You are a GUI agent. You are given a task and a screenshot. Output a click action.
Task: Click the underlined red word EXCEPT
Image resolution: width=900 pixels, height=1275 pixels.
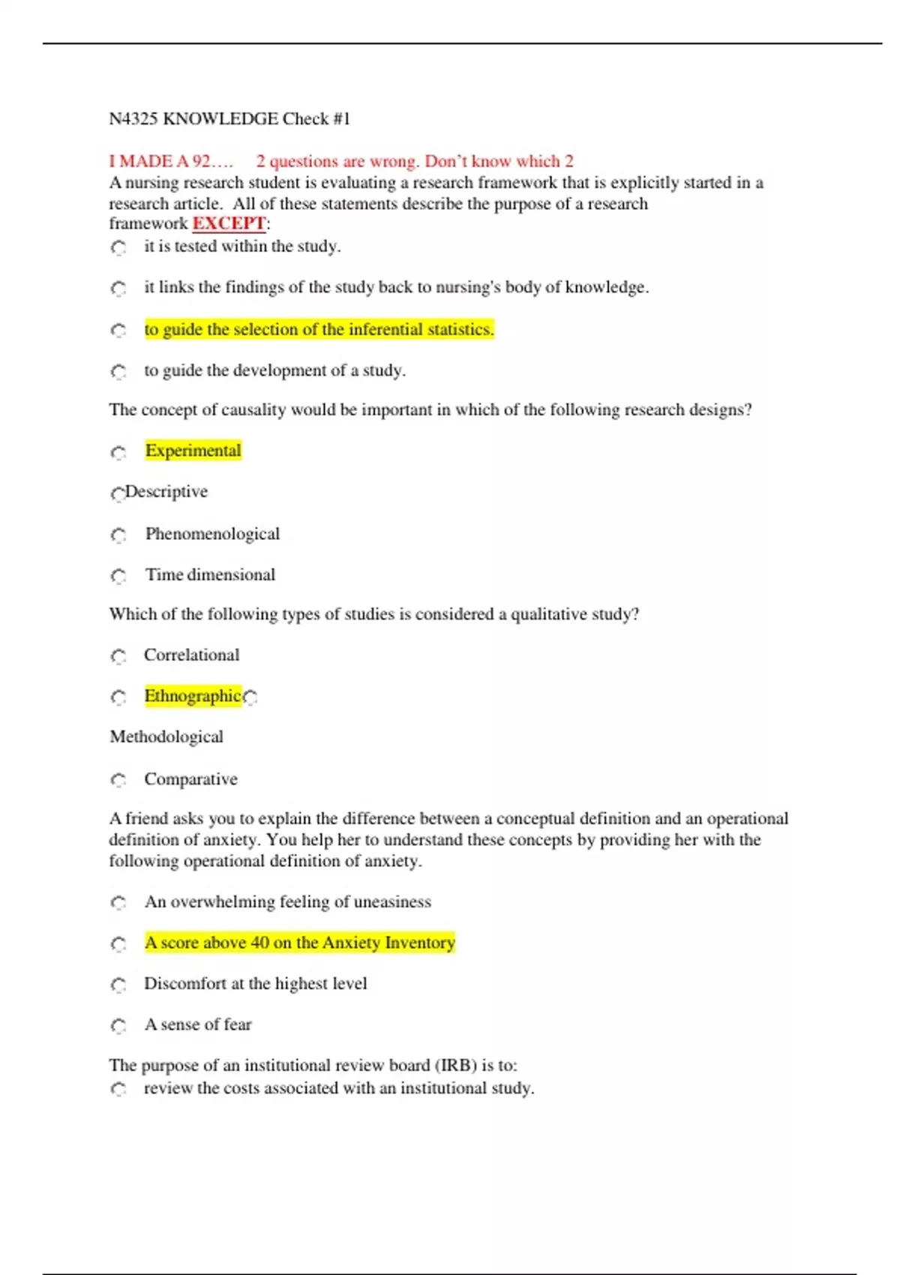229,223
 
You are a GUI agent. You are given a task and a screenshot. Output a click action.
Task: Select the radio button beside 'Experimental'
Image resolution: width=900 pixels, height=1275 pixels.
118,453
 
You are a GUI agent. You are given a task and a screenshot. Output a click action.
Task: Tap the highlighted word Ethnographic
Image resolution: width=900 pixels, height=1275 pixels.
193,696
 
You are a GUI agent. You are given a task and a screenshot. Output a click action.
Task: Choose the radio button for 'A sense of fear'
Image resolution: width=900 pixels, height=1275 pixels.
118,1026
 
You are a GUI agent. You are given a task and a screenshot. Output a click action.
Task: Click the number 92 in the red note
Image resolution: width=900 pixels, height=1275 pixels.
202,161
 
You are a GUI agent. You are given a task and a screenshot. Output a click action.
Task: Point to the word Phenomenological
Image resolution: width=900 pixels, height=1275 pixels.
212,534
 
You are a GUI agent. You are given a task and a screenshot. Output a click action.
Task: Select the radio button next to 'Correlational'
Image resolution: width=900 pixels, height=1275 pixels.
118,657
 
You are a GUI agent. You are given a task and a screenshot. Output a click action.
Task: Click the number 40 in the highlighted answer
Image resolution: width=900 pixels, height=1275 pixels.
259,943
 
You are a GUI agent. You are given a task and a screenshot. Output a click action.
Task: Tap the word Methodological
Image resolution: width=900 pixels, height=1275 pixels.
166,737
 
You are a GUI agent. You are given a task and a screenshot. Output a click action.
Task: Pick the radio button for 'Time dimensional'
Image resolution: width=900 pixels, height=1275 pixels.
118,576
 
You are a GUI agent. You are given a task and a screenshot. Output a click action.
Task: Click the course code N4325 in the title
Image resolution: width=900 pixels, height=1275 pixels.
133,119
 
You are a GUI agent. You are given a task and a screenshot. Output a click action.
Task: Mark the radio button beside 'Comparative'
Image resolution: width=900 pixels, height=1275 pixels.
118,781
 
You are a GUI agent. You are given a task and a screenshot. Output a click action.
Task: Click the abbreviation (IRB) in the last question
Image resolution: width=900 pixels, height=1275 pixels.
454,1066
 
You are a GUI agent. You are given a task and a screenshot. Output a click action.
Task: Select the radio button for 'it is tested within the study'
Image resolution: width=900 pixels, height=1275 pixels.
118,247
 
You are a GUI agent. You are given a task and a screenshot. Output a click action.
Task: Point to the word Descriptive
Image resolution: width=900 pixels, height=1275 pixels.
166,492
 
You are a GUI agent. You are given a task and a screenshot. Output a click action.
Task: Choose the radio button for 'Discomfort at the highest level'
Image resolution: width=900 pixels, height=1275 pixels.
118,985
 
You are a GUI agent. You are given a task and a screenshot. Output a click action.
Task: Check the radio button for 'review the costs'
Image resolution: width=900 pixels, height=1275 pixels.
118,1089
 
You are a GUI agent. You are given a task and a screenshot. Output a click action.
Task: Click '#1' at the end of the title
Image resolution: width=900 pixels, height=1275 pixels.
341,119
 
